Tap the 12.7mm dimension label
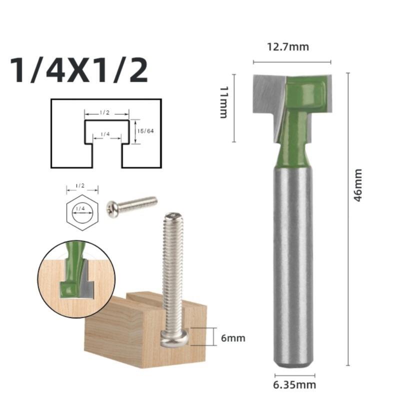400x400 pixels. [287, 47]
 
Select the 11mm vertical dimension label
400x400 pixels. [224, 102]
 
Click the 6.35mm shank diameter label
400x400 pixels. [295, 385]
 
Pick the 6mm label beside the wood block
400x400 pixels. [233, 338]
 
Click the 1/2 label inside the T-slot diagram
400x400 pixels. [104, 113]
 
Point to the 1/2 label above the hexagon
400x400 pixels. [80, 185]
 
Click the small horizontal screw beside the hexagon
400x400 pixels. [131, 205]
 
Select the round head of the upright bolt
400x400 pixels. [173, 339]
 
